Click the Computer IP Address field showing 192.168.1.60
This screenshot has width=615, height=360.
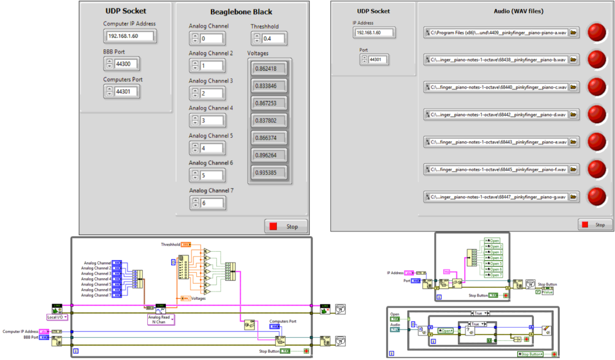tap(129, 36)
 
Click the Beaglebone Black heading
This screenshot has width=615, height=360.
tap(241, 11)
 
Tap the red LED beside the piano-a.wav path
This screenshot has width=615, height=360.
tap(596, 32)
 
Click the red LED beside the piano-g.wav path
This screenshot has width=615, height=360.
tap(596, 197)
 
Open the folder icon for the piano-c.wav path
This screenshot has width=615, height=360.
tap(573, 87)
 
